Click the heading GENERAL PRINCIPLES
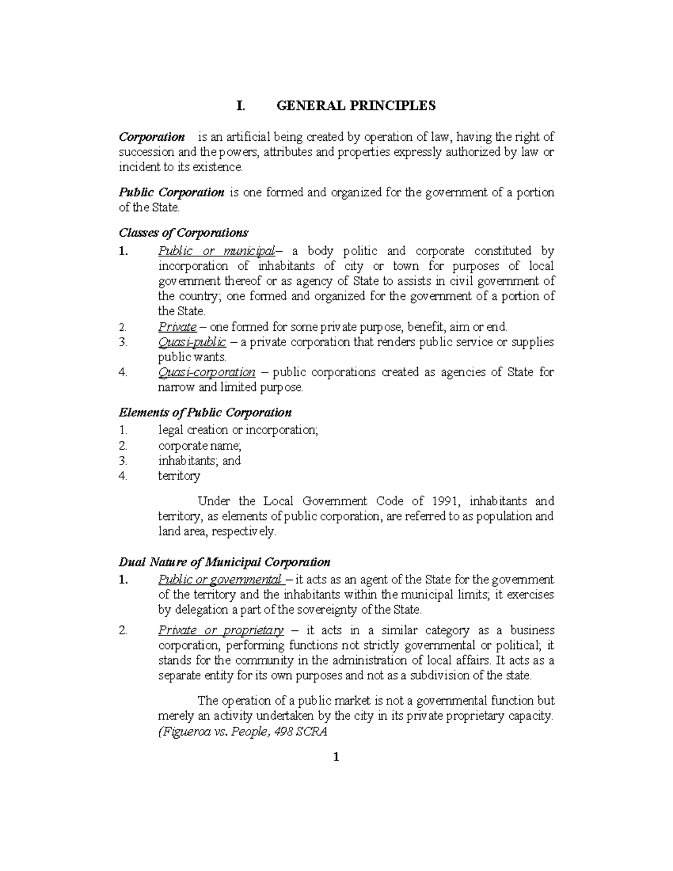pos(356,106)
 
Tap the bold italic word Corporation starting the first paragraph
pos(152,137)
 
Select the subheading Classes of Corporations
pos(183,233)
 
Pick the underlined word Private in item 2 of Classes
pos(177,326)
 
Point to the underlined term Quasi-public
pos(192,342)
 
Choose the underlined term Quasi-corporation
pos(207,372)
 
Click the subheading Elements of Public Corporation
pos(205,413)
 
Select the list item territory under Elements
pos(179,476)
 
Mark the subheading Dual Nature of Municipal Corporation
pos(225,562)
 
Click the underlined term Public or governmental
pos(220,579)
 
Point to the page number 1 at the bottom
pos(336,758)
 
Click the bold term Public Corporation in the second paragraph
pos(172,192)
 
